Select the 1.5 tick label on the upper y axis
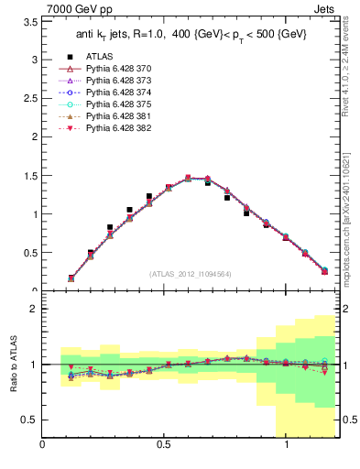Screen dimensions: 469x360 click(x=30, y=176)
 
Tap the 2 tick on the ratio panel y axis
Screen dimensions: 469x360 click(x=33, y=310)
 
